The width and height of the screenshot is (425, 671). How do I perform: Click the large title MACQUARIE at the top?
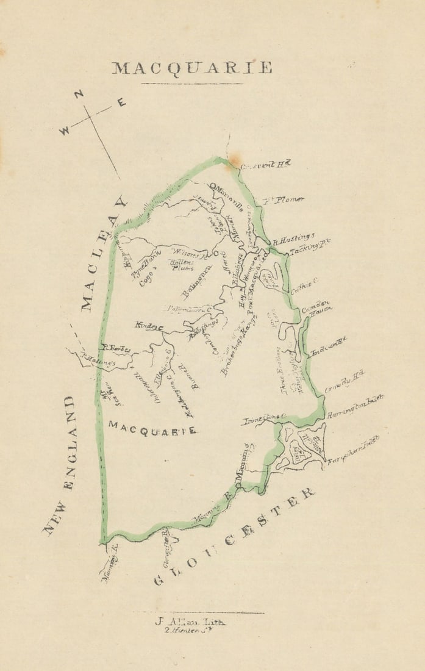pos(191,68)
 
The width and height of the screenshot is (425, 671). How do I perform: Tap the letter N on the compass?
pos(79,95)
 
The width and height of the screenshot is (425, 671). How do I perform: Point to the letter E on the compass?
pos(121,103)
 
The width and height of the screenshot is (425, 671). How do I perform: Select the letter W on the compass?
pos(65,131)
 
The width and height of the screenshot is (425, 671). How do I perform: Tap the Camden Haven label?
pos(316,306)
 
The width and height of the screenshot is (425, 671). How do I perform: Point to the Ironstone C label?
pos(264,419)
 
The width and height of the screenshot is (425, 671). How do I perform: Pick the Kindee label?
pos(148,327)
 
